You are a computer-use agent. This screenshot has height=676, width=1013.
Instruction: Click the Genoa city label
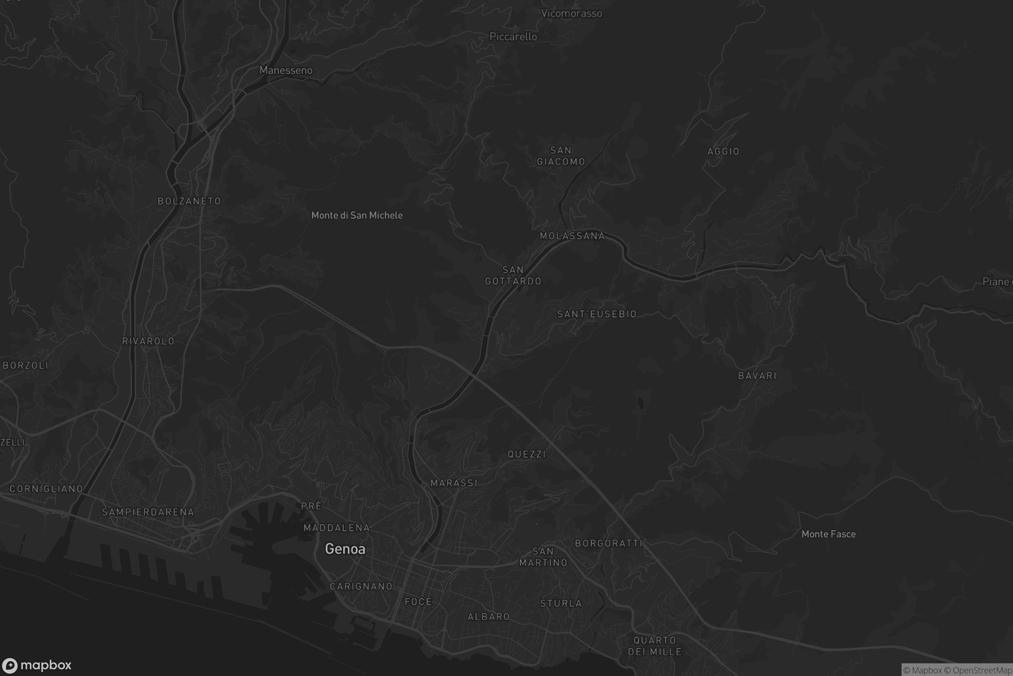point(345,549)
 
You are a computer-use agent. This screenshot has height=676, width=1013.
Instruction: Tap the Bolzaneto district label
point(189,202)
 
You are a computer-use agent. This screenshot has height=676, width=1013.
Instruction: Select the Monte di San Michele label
point(357,215)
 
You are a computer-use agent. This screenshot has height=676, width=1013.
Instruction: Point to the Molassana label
point(572,236)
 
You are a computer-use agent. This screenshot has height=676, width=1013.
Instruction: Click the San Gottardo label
point(513,275)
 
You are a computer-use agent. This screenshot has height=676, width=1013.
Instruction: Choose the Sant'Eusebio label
point(597,314)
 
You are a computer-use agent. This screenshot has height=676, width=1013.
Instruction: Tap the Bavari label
point(757,376)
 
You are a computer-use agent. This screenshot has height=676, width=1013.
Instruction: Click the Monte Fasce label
point(828,534)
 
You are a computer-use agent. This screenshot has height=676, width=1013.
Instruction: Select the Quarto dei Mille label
point(655,646)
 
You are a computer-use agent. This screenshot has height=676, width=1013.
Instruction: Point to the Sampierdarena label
point(148,512)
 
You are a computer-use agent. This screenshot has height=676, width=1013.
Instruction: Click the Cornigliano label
point(46,489)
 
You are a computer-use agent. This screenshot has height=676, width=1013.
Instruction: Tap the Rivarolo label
point(148,341)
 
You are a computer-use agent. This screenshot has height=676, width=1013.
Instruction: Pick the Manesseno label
point(286,70)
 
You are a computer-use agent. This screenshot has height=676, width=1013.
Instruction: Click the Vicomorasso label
point(571,14)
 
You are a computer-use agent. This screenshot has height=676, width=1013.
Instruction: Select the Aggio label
point(723,152)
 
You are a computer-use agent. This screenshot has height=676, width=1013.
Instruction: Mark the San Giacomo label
point(561,156)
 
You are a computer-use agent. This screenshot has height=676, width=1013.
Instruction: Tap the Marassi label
point(454,483)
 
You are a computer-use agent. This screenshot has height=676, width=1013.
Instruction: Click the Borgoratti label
point(609,544)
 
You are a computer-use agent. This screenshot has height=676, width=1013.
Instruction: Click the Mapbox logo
point(36,665)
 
